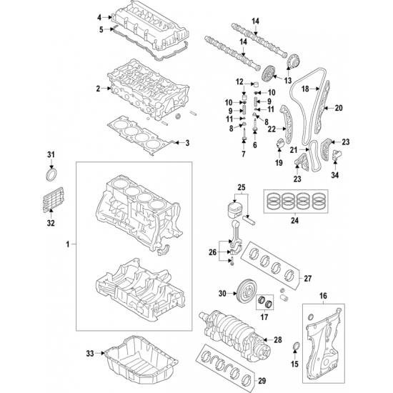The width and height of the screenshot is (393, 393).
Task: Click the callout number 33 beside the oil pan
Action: pyautogui.click(x=90, y=354)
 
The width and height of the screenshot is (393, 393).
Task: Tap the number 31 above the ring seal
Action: pyautogui.click(x=51, y=155)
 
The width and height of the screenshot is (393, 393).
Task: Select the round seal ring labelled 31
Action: pyautogui.click(x=52, y=174)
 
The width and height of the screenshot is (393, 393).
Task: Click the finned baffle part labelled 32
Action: pyautogui.click(x=52, y=199)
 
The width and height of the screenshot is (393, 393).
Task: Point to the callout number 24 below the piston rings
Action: pyautogui.click(x=294, y=221)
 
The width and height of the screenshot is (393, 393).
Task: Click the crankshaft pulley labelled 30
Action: pyautogui.click(x=246, y=293)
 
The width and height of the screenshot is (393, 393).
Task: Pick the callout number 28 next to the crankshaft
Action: pyautogui.click(x=278, y=340)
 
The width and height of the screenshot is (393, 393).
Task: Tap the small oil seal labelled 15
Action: pyautogui.click(x=296, y=346)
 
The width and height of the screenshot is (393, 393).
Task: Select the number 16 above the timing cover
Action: pyautogui.click(x=323, y=296)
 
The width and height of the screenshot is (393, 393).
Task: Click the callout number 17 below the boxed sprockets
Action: pyautogui.click(x=264, y=317)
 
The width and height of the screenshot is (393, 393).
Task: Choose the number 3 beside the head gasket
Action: pyautogui.click(x=187, y=143)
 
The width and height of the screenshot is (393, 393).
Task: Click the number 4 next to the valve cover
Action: pyautogui.click(x=99, y=17)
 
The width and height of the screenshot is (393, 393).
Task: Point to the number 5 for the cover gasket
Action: pyautogui.click(x=101, y=29)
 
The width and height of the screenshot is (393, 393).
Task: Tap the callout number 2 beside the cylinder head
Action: pyautogui.click(x=98, y=89)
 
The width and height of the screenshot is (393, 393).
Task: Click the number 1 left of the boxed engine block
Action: pyautogui.click(x=67, y=244)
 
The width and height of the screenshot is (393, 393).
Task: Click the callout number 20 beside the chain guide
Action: pyautogui.click(x=339, y=108)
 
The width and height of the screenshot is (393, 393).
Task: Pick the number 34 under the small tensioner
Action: pyautogui.click(x=335, y=175)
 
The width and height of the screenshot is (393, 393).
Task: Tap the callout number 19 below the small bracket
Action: pyautogui.click(x=279, y=163)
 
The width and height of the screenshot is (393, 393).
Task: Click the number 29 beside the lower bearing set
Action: pyautogui.click(x=262, y=381)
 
